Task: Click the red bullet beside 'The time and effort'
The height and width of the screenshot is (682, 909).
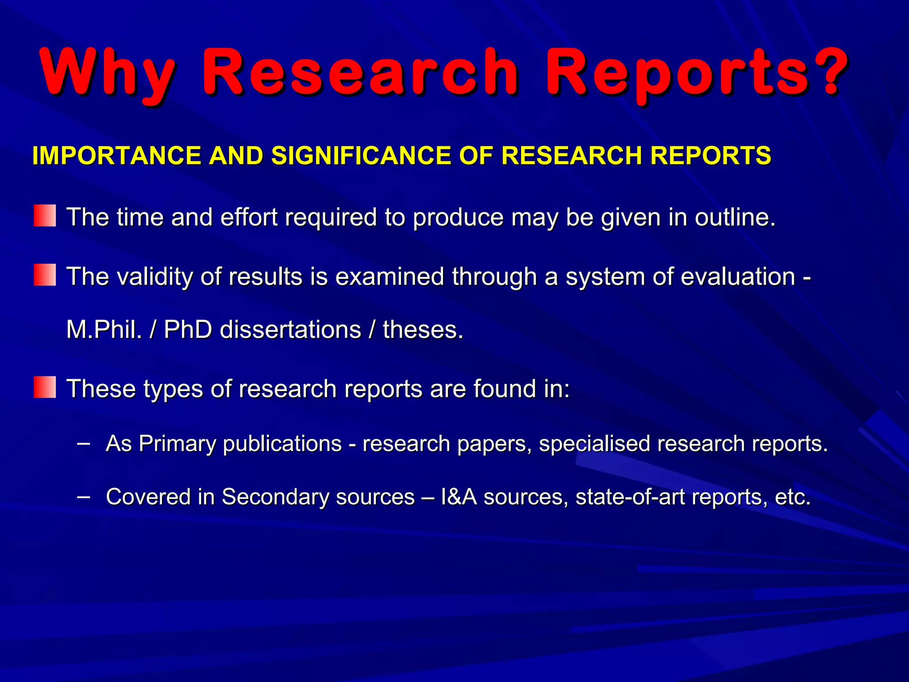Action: tap(45, 216)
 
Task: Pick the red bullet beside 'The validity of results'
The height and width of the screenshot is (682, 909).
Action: tap(45, 275)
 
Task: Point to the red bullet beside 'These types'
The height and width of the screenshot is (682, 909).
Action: tap(45, 387)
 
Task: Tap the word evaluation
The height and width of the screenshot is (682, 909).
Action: tap(738, 277)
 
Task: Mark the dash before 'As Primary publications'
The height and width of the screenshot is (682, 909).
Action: tap(83, 443)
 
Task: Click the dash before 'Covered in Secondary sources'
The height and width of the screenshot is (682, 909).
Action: tap(83, 496)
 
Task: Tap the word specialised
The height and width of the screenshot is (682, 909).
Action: tap(594, 444)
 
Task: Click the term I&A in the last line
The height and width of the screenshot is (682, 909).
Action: tap(458, 497)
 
